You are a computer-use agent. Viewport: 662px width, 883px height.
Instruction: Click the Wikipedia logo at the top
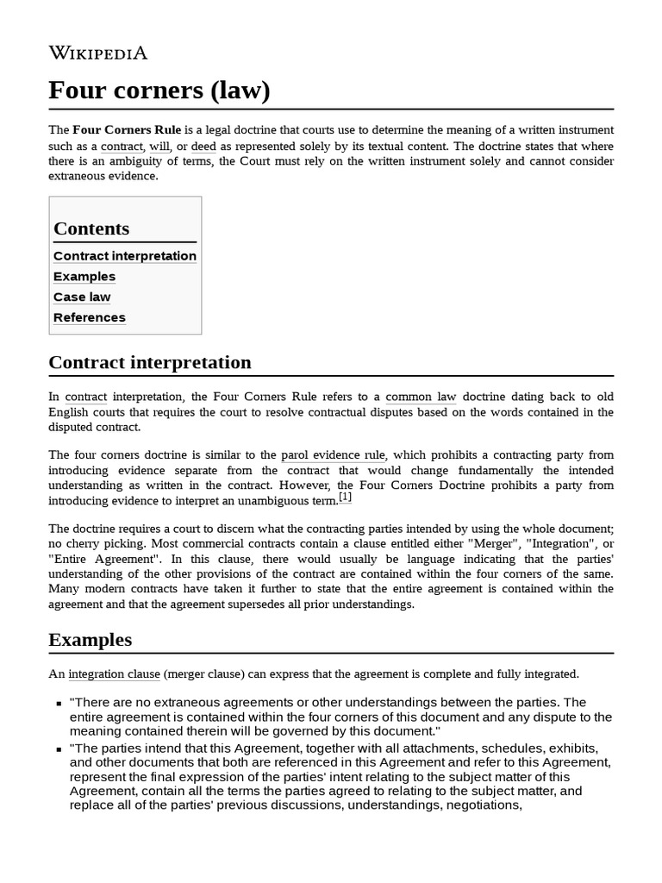[98, 53]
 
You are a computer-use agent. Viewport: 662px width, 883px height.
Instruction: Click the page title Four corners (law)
[159, 90]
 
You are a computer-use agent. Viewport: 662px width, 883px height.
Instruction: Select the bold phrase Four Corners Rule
[127, 129]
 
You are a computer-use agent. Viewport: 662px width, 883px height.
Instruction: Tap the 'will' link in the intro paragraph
[159, 146]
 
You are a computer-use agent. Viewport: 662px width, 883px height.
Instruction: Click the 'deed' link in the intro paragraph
[203, 146]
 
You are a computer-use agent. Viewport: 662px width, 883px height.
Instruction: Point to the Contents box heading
[91, 229]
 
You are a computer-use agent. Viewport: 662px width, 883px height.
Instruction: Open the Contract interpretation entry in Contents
[125, 256]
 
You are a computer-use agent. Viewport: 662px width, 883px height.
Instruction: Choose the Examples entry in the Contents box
[84, 277]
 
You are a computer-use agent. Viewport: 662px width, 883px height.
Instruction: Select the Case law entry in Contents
[82, 297]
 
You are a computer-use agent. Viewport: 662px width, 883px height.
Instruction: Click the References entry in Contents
[90, 318]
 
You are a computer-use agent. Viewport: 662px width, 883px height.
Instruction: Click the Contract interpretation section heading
[150, 362]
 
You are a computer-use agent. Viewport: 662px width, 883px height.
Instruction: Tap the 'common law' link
[421, 397]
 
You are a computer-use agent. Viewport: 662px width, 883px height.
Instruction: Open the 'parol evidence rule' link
[334, 454]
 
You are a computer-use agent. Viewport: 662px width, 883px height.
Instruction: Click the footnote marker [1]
[345, 498]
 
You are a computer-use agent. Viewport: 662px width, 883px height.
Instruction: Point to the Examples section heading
[91, 640]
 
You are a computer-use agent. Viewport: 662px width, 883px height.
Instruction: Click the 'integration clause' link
[114, 673]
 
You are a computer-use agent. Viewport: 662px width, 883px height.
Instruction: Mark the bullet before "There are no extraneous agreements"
[59, 704]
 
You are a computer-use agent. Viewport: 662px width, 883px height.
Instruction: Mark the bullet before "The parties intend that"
[59, 748]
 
